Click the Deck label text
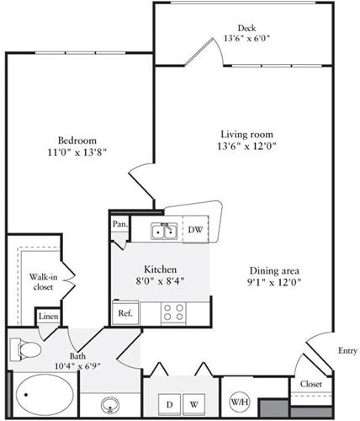[246, 26]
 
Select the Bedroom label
[77, 140]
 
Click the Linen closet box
[47, 316]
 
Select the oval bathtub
[42, 394]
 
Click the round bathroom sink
[111, 403]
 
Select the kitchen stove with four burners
[174, 312]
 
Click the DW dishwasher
[195, 229]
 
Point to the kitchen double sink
[162, 230]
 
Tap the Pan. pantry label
[119, 225]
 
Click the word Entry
[347, 351]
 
